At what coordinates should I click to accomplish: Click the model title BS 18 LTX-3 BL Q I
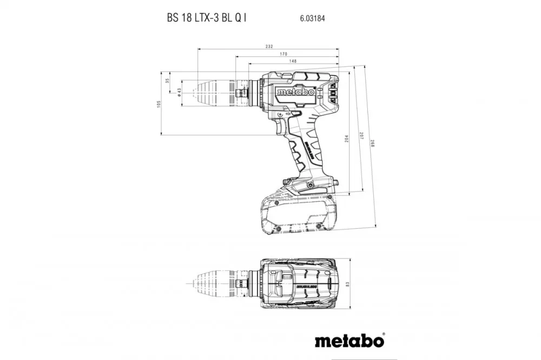click(x=207, y=17)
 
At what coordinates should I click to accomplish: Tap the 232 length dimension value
click(x=269, y=46)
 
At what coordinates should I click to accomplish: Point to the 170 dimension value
click(x=283, y=54)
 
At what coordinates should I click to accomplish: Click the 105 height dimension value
click(x=159, y=103)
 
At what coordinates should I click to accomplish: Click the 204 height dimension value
click(x=347, y=139)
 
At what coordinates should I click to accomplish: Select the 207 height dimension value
click(x=360, y=137)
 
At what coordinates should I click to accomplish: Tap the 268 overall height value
click(x=373, y=144)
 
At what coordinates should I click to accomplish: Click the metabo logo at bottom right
click(x=349, y=341)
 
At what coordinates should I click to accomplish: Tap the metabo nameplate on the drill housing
click(x=296, y=92)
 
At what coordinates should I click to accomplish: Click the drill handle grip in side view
click(x=307, y=146)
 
